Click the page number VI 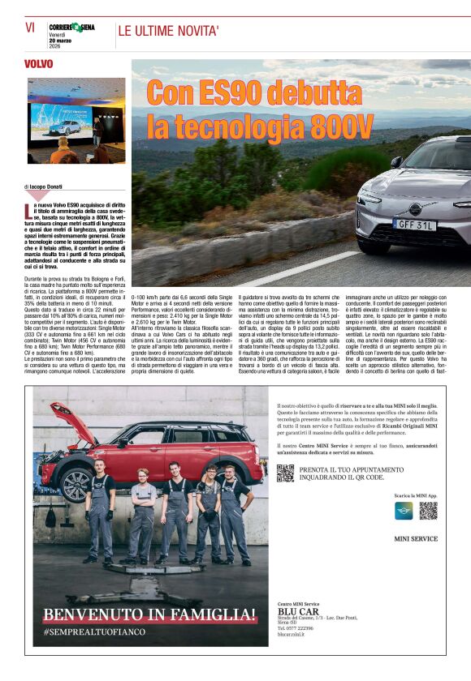30,27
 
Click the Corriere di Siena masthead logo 71,27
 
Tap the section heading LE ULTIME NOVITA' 168,32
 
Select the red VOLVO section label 39,63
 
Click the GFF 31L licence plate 414,224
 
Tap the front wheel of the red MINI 76,485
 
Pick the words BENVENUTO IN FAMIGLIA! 149,615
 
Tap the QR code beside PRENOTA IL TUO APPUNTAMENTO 284,473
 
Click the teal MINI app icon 404,511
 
